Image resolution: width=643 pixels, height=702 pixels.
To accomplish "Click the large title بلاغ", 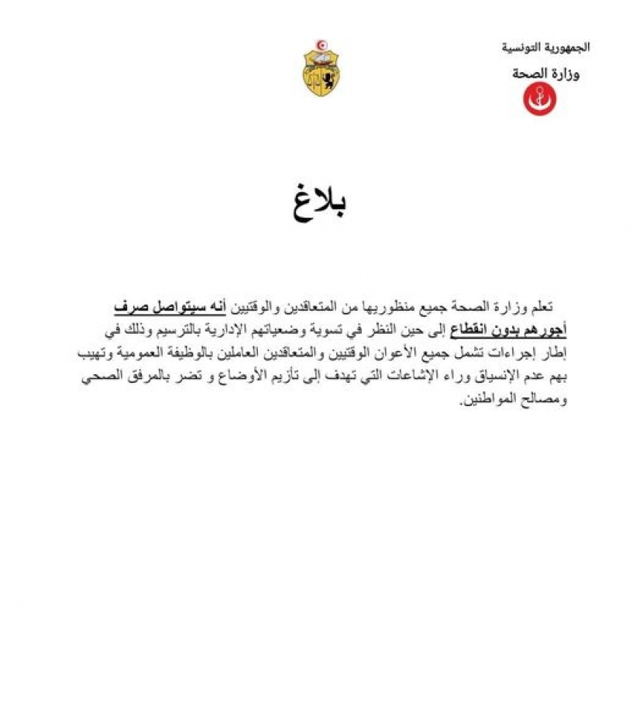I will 321,203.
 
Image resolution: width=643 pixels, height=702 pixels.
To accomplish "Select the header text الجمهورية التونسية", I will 545,47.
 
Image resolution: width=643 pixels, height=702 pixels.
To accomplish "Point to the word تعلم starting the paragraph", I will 538,308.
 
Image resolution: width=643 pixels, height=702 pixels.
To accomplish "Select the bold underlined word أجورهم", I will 543,332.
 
